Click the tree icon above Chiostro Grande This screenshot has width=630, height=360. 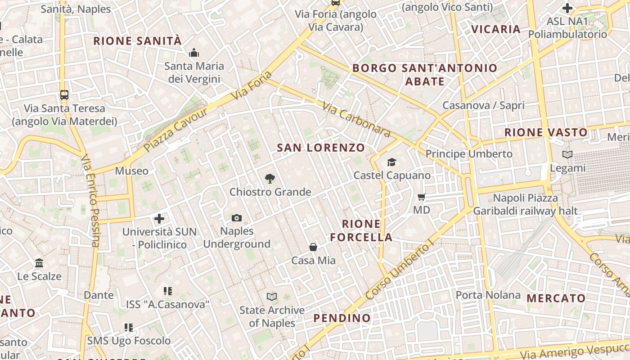270,179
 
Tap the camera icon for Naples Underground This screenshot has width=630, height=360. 237,218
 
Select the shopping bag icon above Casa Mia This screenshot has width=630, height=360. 313,247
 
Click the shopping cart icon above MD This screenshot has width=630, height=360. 422,197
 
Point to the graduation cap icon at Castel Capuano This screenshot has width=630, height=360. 391,162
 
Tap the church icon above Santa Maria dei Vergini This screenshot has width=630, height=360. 194,53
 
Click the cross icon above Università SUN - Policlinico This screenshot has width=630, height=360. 159,219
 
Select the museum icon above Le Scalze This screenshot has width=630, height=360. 39,263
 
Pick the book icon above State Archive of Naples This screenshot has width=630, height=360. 271,297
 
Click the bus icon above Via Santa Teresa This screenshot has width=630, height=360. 64,95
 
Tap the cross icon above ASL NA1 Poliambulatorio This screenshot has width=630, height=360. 567,8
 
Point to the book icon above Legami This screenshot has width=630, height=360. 567,155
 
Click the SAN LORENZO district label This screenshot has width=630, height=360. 321,148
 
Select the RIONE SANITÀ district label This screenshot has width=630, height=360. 137,41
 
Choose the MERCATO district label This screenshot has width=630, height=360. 556,298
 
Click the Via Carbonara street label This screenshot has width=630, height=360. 356,119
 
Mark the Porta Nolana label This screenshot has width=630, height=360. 488,295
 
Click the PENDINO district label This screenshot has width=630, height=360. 342,318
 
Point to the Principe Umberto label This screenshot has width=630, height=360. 469,154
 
